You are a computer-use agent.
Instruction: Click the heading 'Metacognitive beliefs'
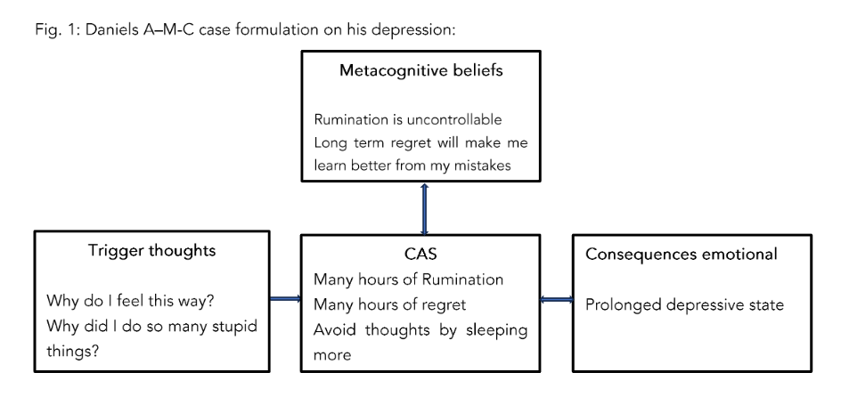pos(420,71)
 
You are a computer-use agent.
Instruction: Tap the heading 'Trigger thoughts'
pos(151,252)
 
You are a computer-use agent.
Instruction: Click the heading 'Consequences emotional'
pos(682,255)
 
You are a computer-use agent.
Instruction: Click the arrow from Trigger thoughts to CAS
pos(285,300)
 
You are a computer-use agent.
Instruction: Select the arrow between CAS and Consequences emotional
pos(556,300)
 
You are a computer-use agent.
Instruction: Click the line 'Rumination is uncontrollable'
pos(408,119)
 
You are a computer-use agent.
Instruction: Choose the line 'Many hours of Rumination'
pos(408,280)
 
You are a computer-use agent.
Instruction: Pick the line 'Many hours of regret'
pos(389,304)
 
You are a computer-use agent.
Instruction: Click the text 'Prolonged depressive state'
pos(684,305)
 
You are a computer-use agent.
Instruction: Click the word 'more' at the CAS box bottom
pos(332,354)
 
